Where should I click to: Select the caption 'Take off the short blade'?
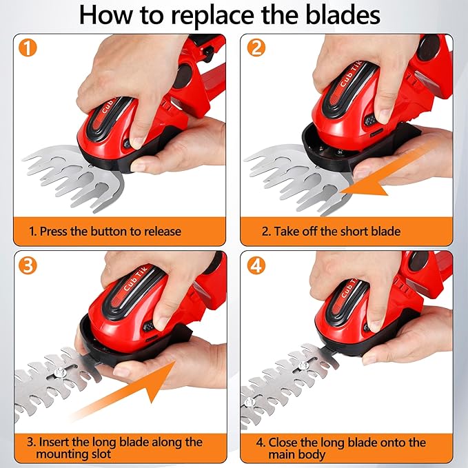331,232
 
